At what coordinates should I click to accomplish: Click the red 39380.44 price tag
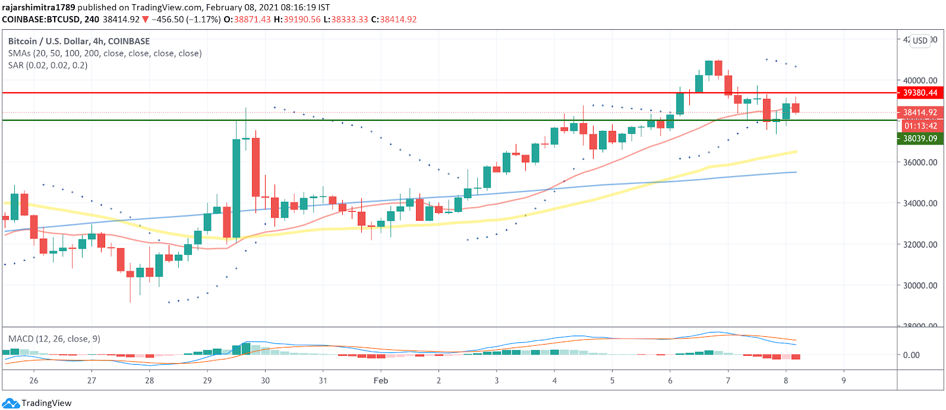pyautogui.click(x=920, y=93)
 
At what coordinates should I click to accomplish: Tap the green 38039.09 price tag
pyautogui.click(x=920, y=139)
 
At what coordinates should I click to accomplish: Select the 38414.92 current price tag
pyautogui.click(x=920, y=112)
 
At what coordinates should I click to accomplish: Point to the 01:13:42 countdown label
pyautogui.click(x=920, y=126)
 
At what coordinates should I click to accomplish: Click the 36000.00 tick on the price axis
pyautogui.click(x=920, y=162)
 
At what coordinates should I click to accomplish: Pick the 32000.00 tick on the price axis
pyautogui.click(x=920, y=245)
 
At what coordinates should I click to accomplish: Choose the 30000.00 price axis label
pyautogui.click(x=920, y=286)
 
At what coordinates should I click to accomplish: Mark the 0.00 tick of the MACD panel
pyautogui.click(x=911, y=355)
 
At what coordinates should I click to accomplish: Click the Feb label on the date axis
pyautogui.click(x=381, y=381)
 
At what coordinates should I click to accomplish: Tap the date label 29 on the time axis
pyautogui.click(x=207, y=381)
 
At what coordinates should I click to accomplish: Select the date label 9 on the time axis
pyautogui.click(x=844, y=381)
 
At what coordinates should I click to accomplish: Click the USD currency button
pyautogui.click(x=920, y=40)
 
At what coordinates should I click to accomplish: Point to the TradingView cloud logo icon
pyautogui.click(x=11, y=403)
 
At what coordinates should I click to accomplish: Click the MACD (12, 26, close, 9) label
pyautogui.click(x=54, y=339)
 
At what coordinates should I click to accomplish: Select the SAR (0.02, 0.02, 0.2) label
pyautogui.click(x=48, y=65)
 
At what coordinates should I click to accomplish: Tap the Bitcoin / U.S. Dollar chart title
pyautogui.click(x=78, y=41)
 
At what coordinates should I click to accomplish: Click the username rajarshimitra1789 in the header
pyautogui.click(x=39, y=8)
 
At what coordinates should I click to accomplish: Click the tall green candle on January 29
pyautogui.click(x=236, y=188)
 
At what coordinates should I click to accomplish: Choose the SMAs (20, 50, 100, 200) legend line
pyautogui.click(x=105, y=54)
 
